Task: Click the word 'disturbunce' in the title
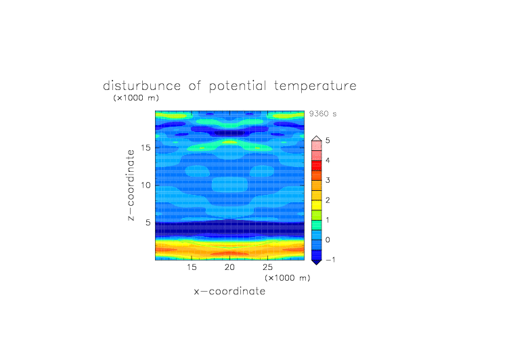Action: coord(142,86)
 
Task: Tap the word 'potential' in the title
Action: coord(238,87)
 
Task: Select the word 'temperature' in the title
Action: coord(315,87)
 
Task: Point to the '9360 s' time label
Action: coord(323,114)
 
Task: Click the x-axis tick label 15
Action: coord(192,267)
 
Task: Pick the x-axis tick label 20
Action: coord(229,267)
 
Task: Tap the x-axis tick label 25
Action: coord(267,267)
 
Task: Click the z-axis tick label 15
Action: coord(146,148)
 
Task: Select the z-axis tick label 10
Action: coord(146,185)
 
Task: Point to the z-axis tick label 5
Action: coord(148,223)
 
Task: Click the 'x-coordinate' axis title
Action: coord(229,291)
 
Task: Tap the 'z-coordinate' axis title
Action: coord(131,185)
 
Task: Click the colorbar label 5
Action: coord(328,141)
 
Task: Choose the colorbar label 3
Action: coord(328,180)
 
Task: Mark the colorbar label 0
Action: coord(328,240)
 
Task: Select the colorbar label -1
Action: coord(330,260)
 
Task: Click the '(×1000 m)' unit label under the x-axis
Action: coord(288,278)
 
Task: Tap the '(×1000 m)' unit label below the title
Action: coord(136,98)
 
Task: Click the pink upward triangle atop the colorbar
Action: coord(317,139)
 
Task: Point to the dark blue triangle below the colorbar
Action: coord(317,262)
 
